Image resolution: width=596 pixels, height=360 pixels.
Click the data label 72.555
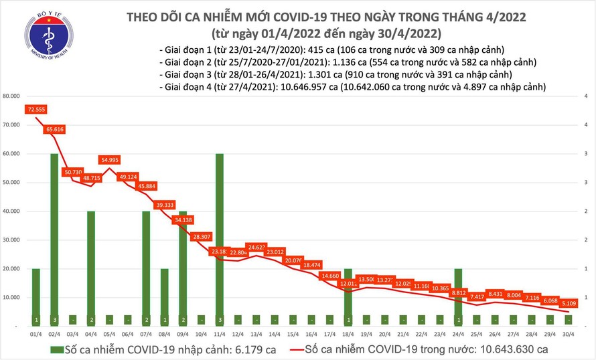click(x=36, y=108)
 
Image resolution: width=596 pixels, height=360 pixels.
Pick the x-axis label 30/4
click(x=567, y=333)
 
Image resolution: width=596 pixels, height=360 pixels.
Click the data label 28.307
click(x=200, y=236)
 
